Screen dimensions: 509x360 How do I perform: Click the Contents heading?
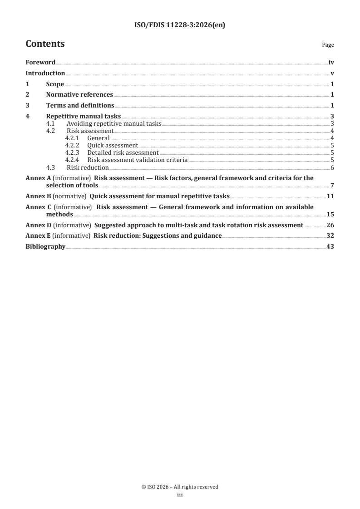[45, 44]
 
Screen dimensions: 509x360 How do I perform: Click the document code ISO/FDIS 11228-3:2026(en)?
[180, 25]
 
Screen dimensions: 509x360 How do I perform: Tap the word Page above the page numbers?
[328, 45]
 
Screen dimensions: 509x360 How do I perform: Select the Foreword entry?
[40, 63]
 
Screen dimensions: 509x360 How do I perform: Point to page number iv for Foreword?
[331, 63]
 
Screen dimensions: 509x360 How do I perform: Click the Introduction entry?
[45, 73]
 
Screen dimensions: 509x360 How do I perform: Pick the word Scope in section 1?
[55, 84]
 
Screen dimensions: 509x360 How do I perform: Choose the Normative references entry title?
[79, 95]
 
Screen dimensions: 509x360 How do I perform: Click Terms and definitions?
[80, 106]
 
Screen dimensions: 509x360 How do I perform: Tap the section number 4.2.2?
[72, 146]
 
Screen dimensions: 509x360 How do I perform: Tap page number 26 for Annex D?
[330, 225]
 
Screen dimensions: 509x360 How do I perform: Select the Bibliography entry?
[45, 247]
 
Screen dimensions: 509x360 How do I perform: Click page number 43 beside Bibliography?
[330, 247]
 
